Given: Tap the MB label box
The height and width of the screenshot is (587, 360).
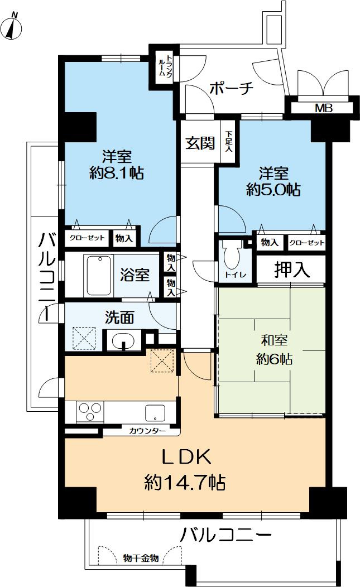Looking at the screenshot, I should [324, 108].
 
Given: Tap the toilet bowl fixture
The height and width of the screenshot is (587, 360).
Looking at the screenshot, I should [232, 258].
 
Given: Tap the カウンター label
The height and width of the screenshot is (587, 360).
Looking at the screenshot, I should [147, 431].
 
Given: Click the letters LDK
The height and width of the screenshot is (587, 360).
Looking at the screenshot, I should [185, 458].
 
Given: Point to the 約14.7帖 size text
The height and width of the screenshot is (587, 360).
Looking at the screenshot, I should [185, 481].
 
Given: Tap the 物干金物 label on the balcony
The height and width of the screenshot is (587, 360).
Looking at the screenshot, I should [140, 557].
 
